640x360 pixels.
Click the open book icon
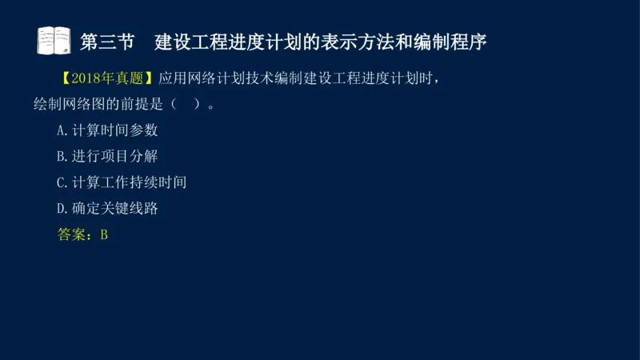(x=54, y=40)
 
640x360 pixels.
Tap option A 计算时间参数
(x=107, y=130)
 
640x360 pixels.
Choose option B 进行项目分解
(x=107, y=156)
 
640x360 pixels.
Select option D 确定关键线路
(x=107, y=209)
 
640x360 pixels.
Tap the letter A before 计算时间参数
(x=62, y=130)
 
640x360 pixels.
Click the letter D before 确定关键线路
(x=62, y=209)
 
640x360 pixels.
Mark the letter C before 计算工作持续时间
(x=62, y=182)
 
